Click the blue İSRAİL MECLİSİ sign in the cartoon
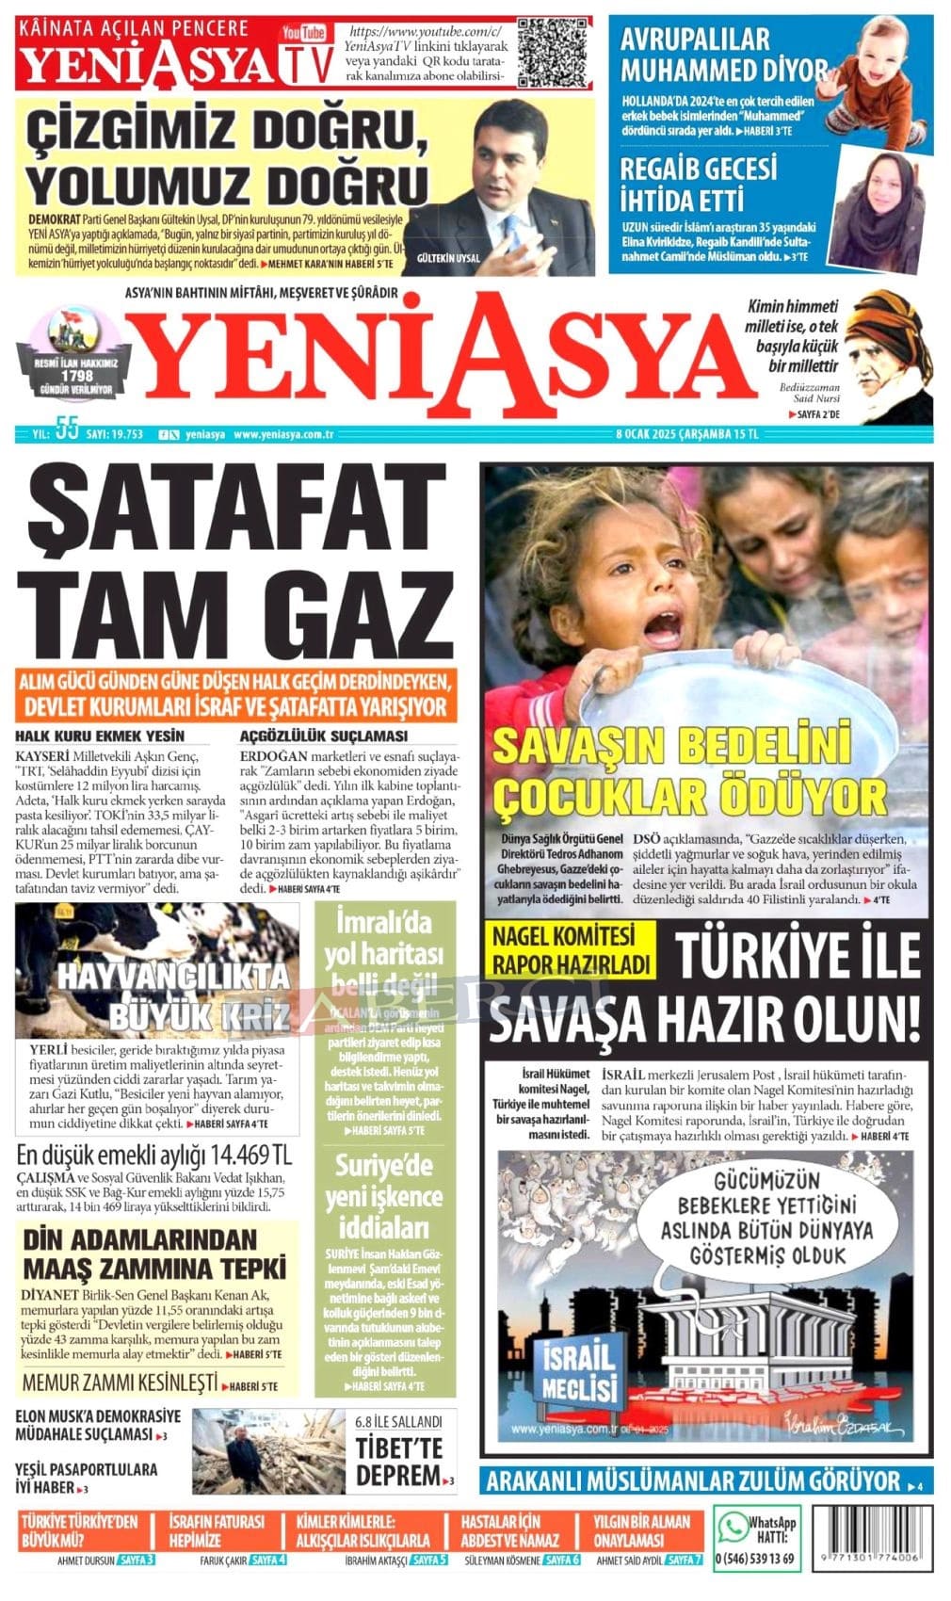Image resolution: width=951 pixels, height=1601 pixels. pyautogui.click(x=578, y=1373)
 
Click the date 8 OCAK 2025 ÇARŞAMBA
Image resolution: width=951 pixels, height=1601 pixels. pyautogui.click(x=672, y=434)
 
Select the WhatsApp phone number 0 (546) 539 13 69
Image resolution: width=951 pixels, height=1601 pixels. pyautogui.click(x=755, y=1559)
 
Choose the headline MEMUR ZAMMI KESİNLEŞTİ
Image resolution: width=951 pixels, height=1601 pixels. pyautogui.click(x=120, y=1383)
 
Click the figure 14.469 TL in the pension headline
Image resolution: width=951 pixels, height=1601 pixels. pyautogui.click(x=249, y=1155)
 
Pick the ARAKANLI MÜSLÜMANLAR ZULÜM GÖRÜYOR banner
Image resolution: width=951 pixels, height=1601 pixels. pyautogui.click(x=693, y=1481)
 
